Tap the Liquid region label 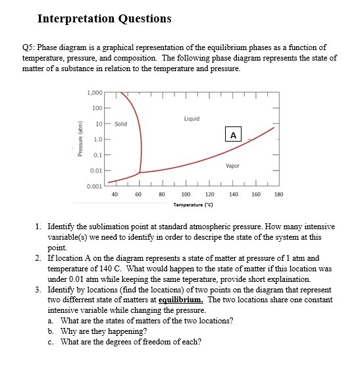[192, 119]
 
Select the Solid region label [120, 124]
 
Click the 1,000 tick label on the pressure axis [94, 92]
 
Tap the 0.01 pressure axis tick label [96, 171]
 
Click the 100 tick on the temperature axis [186, 194]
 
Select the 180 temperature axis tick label [278, 194]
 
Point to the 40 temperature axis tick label [115, 194]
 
